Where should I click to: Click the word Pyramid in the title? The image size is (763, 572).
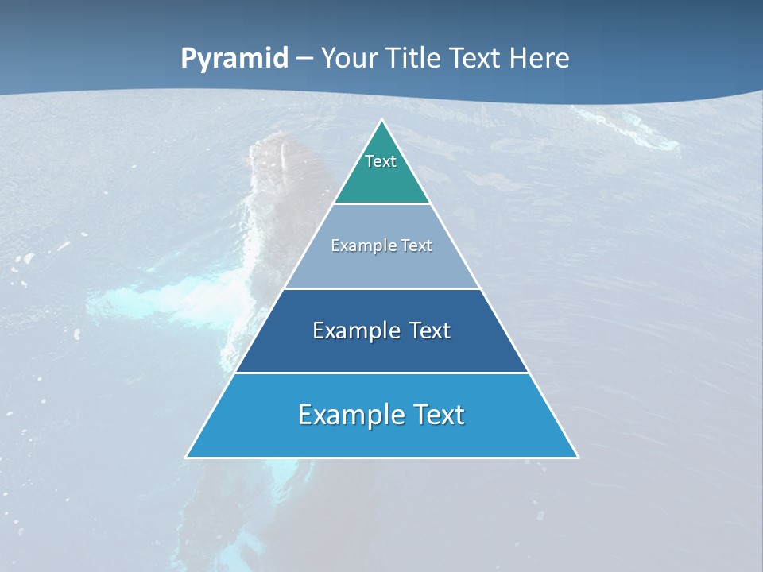(x=234, y=59)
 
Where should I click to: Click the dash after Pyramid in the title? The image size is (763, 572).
(x=304, y=60)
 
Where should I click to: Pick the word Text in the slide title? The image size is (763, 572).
(x=477, y=58)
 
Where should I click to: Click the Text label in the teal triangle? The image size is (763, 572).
(x=381, y=162)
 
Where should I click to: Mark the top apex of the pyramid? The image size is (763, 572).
(x=382, y=121)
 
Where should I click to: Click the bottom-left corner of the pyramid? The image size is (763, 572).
(x=187, y=457)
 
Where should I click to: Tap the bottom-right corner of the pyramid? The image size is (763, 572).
(x=578, y=457)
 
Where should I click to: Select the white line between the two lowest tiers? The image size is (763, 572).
(x=381, y=373)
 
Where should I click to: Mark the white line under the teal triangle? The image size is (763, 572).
(x=381, y=204)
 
